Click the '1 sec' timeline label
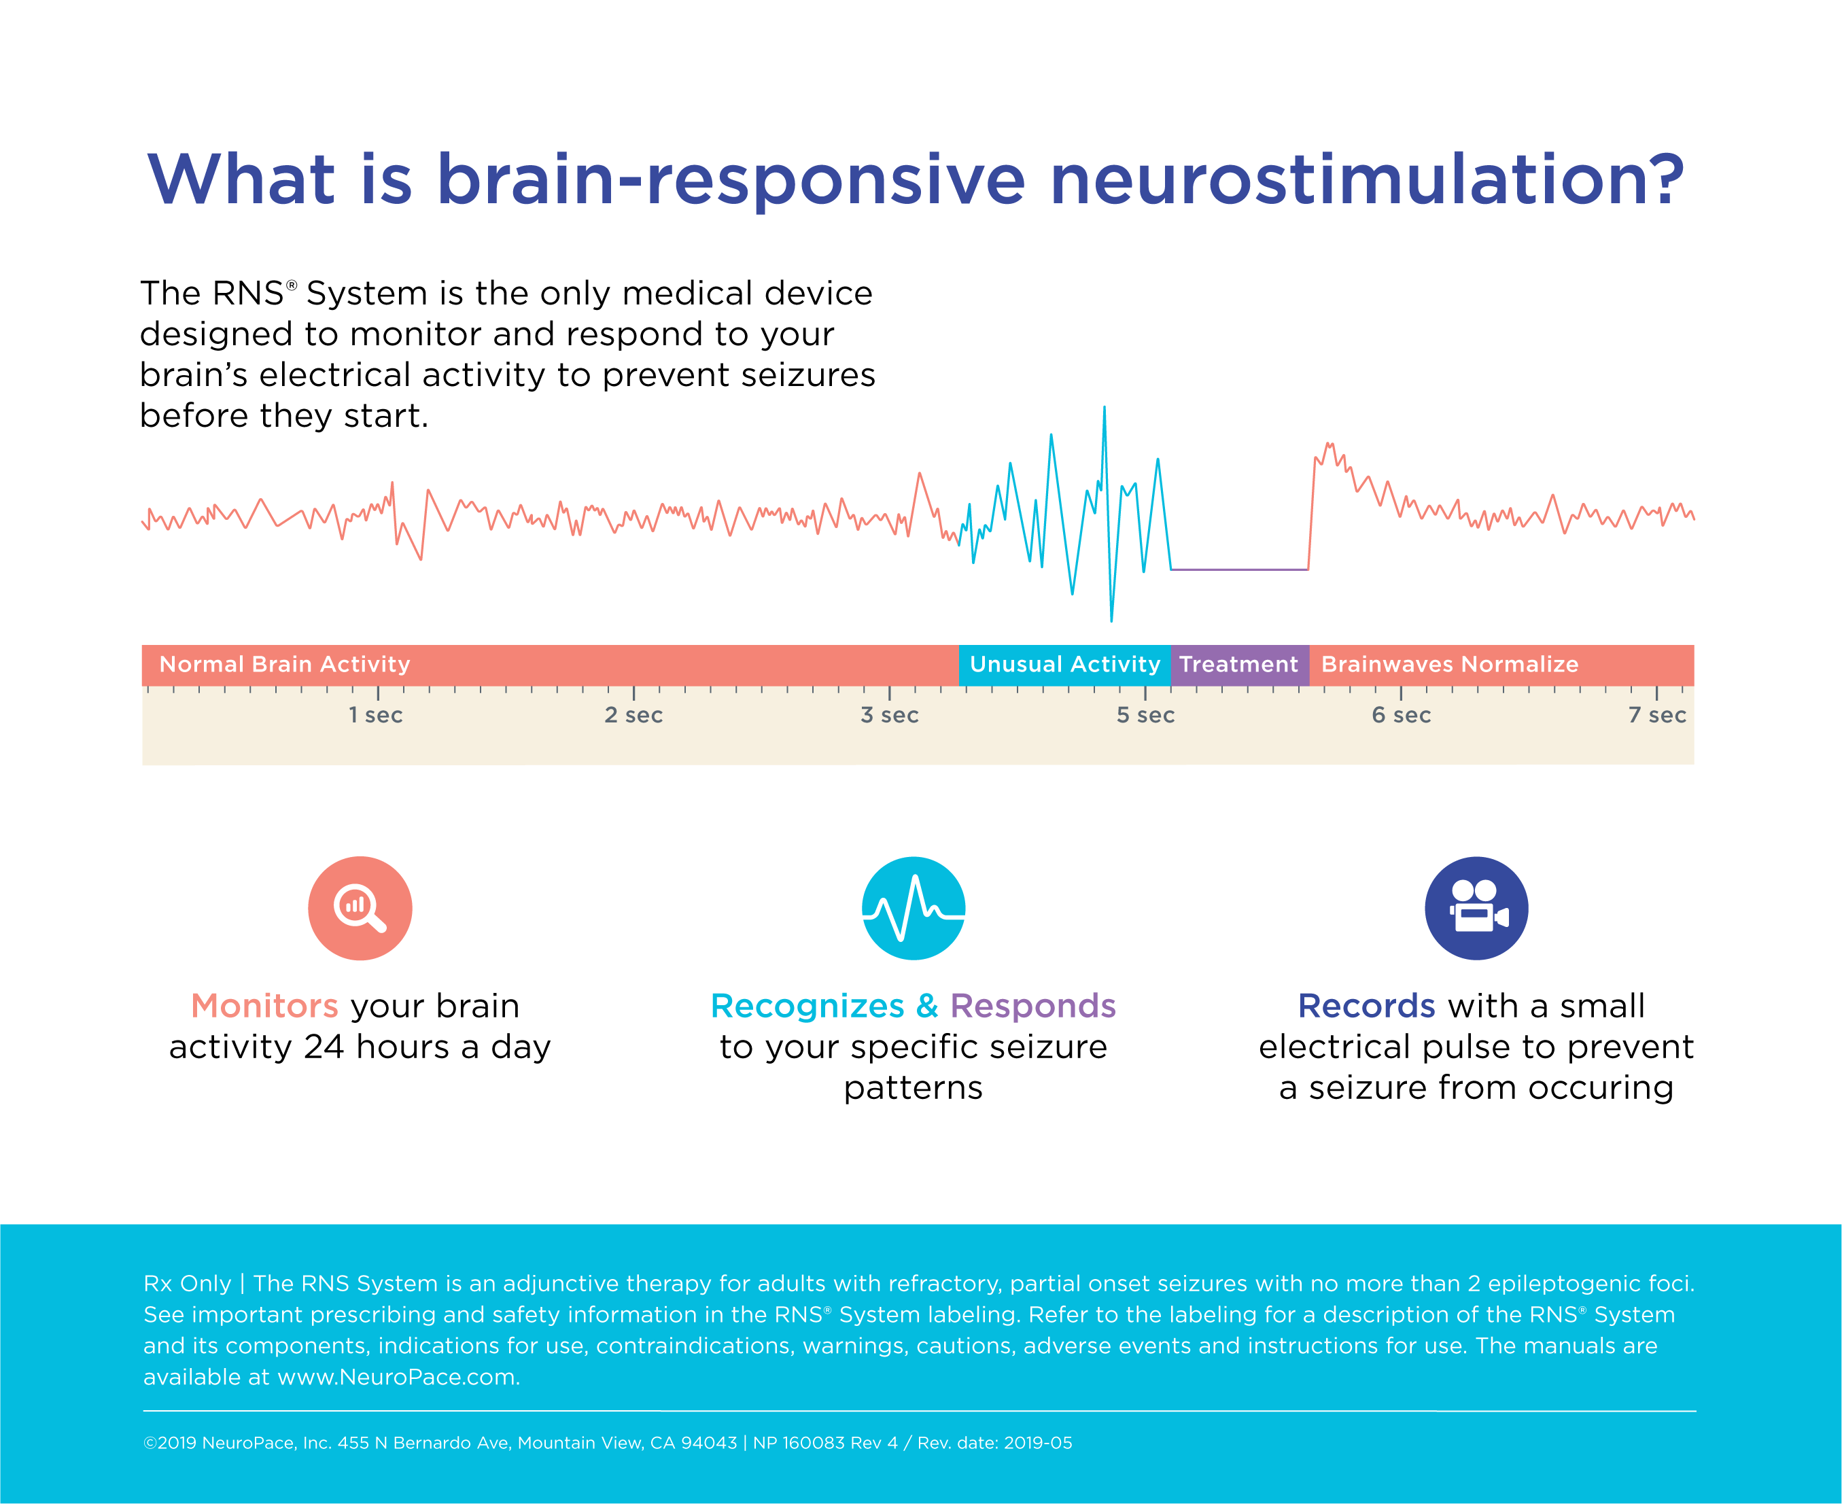375,715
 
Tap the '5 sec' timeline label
1145,715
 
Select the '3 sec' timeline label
889,715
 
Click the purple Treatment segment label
1238,665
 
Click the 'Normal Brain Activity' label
284,665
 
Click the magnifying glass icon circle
360,908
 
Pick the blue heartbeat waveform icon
914,908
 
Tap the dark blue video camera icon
1476,908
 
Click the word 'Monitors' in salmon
264,1006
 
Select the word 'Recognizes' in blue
807,1006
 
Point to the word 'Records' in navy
1366,1006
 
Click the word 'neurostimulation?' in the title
1366,179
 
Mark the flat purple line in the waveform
1239,570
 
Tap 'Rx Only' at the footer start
187,1283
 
